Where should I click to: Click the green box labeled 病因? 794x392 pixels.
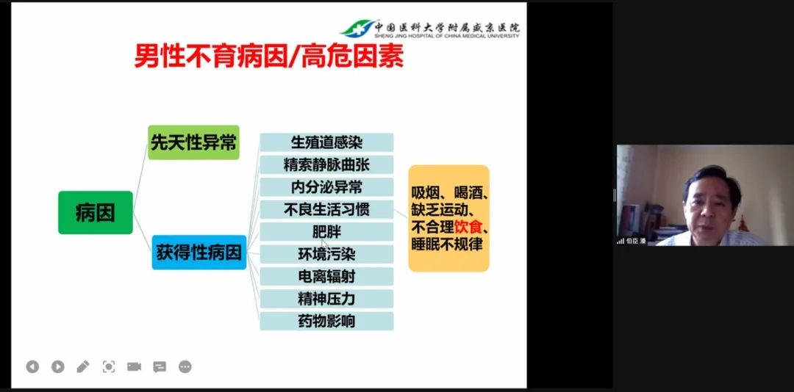click(x=95, y=212)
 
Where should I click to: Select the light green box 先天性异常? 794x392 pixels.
click(x=193, y=142)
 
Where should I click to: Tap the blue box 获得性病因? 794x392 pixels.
click(x=199, y=252)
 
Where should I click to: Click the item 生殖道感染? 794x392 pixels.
click(x=326, y=142)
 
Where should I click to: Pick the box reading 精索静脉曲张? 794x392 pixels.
click(x=326, y=164)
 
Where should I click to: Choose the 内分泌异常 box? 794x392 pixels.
click(x=326, y=187)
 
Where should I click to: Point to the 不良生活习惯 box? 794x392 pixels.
click(x=326, y=209)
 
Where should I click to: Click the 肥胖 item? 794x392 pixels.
click(x=326, y=232)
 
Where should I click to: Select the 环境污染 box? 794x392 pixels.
click(x=326, y=254)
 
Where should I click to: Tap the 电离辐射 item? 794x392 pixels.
click(x=326, y=276)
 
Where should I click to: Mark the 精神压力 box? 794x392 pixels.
click(x=326, y=299)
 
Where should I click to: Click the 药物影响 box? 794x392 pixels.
click(x=326, y=322)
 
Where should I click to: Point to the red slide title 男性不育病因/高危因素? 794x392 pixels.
click(x=269, y=56)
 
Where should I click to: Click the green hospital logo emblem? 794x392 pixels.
click(x=357, y=29)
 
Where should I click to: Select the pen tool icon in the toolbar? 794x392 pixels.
click(x=83, y=367)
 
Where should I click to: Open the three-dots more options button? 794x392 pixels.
click(x=185, y=367)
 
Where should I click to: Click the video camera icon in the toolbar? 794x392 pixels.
click(x=135, y=367)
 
